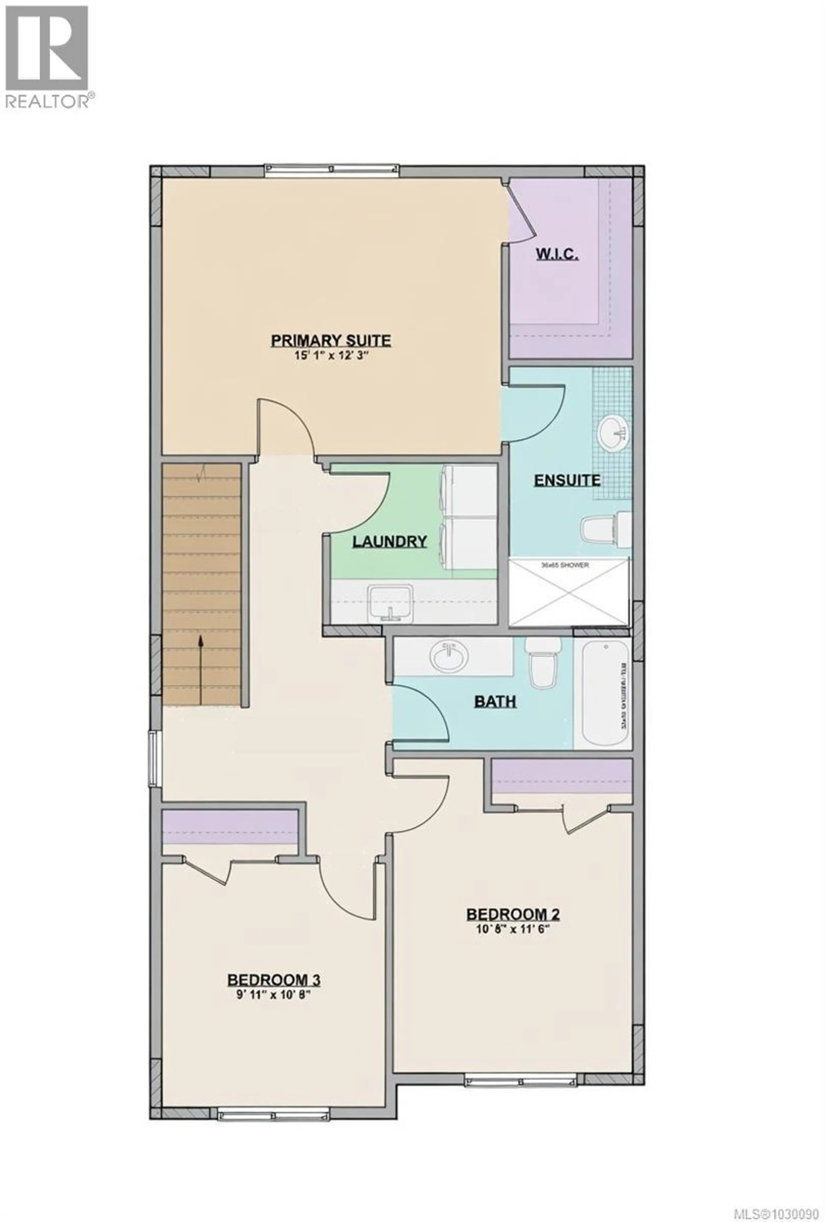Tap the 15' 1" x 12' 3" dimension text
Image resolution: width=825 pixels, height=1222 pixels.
(331, 355)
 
